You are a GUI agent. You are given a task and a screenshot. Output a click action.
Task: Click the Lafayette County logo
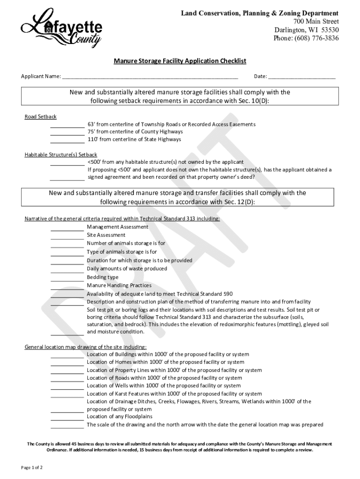pos(61,28)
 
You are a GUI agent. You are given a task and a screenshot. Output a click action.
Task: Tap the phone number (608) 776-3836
pos(306,38)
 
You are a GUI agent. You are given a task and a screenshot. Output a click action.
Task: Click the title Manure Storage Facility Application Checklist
pos(180,61)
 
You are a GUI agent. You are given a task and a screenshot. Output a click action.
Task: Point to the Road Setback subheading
pos(40,116)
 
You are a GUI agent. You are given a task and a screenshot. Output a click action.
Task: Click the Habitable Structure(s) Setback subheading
pos(61,154)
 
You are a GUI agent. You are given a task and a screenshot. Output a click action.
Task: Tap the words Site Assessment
pos(106,235)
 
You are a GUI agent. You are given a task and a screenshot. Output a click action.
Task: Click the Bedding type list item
pos(103,277)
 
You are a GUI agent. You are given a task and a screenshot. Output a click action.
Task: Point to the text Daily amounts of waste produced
pos(127,269)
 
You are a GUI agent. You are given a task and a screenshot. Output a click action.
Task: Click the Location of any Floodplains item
pos(120,417)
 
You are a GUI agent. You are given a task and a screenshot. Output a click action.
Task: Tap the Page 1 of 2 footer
pos(32,467)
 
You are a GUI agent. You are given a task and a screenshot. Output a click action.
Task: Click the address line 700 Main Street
pos(316,22)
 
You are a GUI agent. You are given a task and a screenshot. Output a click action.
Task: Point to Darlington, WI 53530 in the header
pos(306,30)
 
